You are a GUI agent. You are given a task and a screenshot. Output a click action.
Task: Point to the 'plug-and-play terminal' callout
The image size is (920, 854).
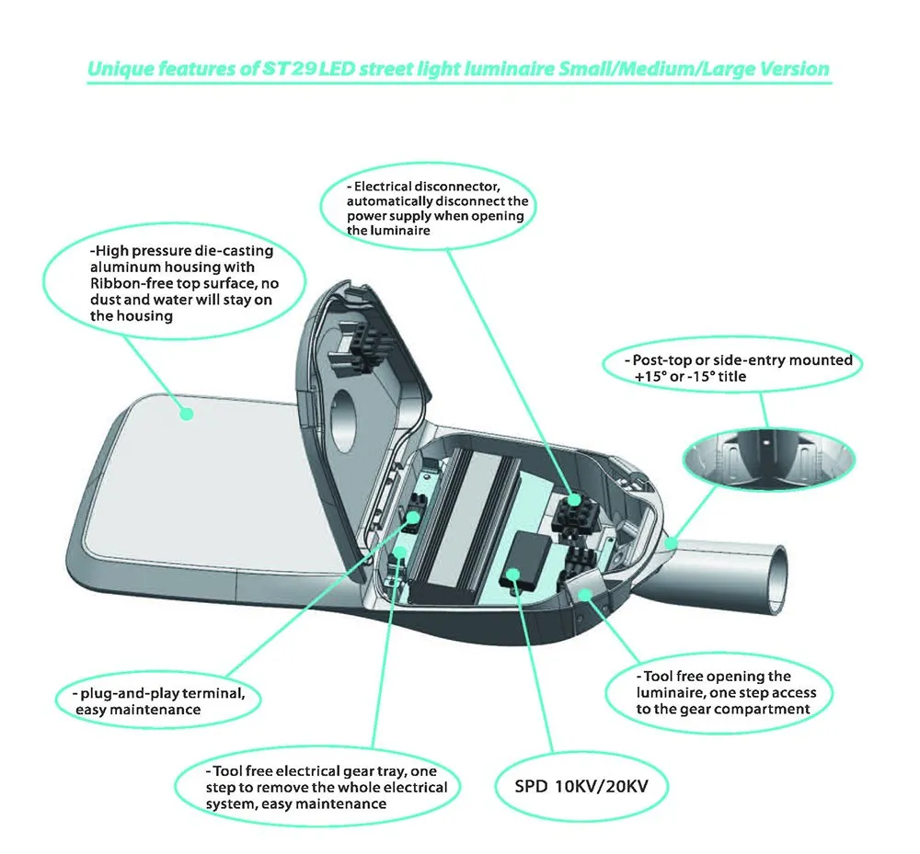point(157,700)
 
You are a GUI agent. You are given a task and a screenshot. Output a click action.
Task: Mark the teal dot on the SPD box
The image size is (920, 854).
point(512,577)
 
